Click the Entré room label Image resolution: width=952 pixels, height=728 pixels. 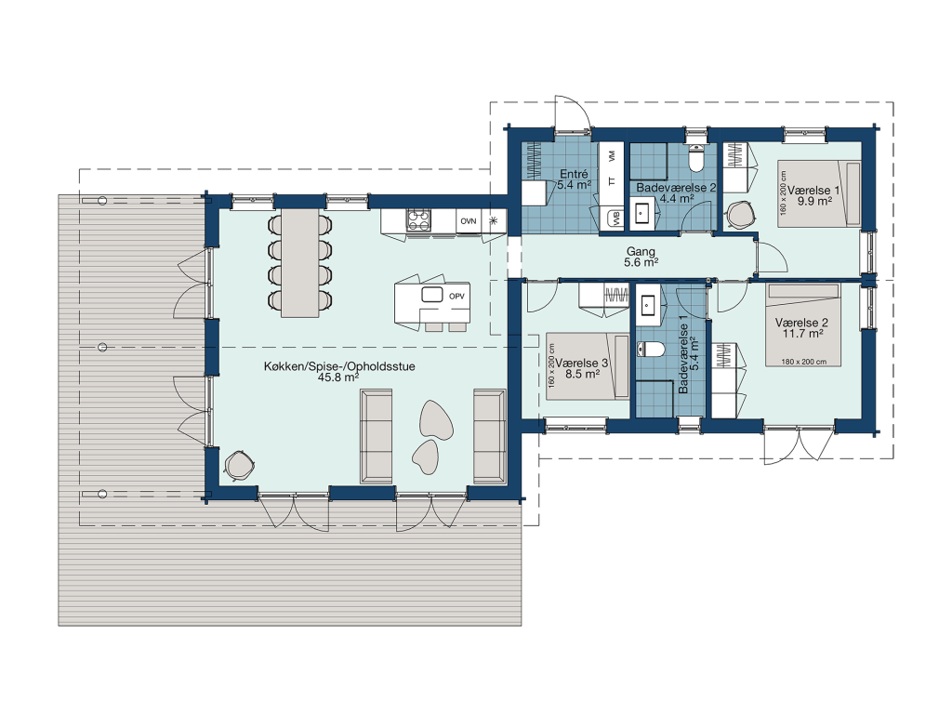[x=574, y=174]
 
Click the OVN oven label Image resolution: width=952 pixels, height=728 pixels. [x=469, y=221]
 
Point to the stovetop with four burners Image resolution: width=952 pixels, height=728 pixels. [x=418, y=220]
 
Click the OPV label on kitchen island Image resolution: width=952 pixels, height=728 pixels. [x=456, y=297]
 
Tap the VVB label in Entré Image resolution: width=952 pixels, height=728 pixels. [x=617, y=218]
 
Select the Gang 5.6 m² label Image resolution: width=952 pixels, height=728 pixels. [x=641, y=257]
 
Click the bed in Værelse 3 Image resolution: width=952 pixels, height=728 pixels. [x=588, y=366]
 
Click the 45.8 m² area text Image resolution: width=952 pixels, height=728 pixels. [x=338, y=377]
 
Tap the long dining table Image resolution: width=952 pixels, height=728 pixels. [x=300, y=263]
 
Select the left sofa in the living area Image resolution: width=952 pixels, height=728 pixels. [x=376, y=436]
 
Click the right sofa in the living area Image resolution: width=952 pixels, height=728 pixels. [x=489, y=436]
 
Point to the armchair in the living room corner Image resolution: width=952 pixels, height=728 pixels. [x=239, y=467]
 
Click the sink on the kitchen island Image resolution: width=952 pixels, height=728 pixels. [x=432, y=295]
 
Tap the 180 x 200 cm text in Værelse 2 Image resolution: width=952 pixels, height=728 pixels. [x=803, y=362]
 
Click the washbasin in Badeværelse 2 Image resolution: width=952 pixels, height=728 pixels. [x=641, y=213]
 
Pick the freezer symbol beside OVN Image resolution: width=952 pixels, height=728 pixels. [x=494, y=220]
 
